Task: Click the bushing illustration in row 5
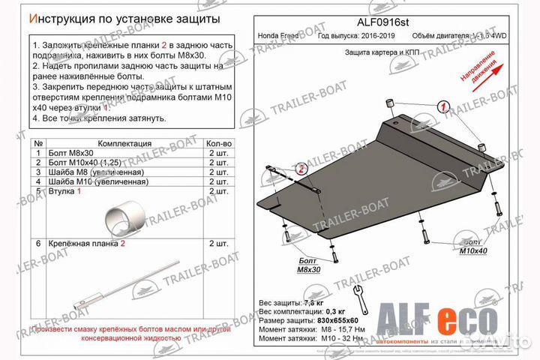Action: pyautogui.click(x=124, y=218)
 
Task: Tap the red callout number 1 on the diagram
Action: pyautogui.click(x=443, y=108)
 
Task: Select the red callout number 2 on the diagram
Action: pyautogui.click(x=301, y=169)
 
